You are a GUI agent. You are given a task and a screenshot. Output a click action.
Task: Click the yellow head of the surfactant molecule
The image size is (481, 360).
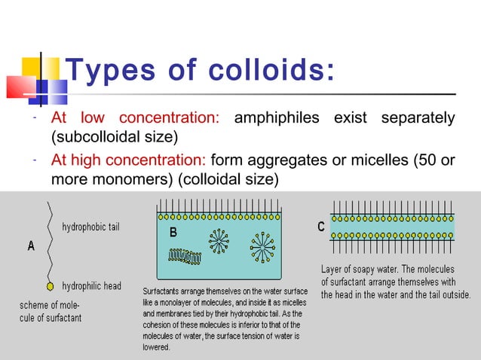[x=50, y=286]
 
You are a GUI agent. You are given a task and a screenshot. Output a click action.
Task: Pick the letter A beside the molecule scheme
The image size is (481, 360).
[x=32, y=246]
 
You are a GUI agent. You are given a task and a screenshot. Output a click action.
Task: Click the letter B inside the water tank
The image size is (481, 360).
[x=173, y=233]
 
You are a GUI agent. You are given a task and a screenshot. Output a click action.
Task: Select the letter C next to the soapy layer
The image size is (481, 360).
[x=321, y=227]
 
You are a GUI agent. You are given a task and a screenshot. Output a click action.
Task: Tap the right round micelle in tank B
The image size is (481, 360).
[x=263, y=247]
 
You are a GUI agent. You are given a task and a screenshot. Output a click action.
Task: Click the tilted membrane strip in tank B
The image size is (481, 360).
[x=185, y=257]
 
